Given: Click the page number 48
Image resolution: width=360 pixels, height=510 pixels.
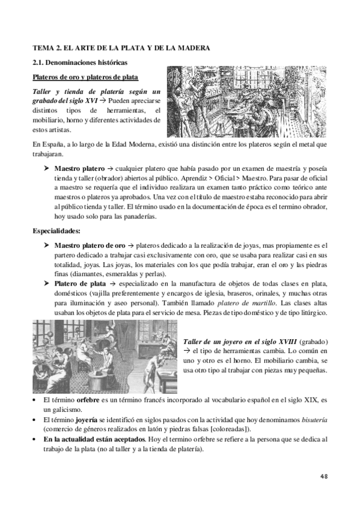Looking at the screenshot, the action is pos(323,476).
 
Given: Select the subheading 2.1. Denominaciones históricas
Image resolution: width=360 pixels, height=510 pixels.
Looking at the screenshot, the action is pos(79,62).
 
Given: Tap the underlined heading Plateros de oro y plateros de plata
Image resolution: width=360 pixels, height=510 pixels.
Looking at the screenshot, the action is pos(85,78).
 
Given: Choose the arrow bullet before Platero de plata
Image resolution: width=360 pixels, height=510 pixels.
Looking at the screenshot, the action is pos(46,283).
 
